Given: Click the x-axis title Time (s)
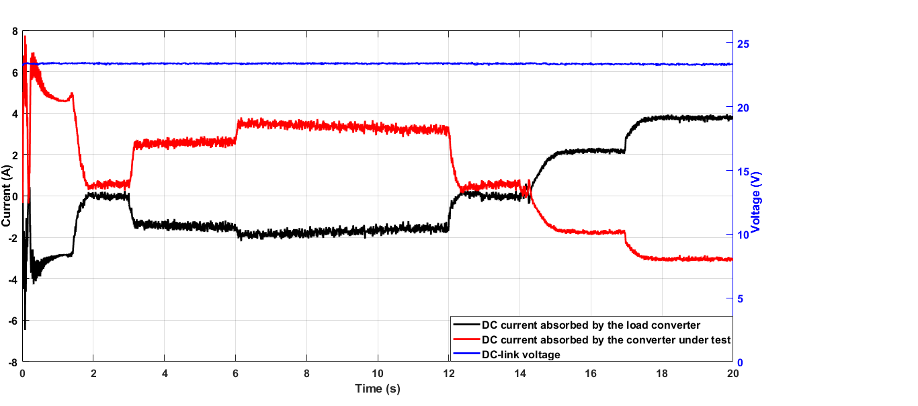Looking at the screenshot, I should [377, 389].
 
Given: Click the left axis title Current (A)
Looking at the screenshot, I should [6, 196].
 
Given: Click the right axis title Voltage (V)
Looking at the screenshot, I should [756, 202].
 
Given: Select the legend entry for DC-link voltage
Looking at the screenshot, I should [521, 354].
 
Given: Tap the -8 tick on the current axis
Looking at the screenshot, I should [13, 362].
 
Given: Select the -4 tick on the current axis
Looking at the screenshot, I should [13, 280].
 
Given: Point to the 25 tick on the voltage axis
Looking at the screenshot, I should [743, 44].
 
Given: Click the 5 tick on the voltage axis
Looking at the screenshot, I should [740, 298].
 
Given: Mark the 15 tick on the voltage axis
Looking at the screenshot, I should [743, 171].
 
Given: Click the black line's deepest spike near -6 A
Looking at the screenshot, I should [25, 328].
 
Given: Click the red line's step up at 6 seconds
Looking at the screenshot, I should [237, 129].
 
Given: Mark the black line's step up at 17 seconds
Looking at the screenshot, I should [626, 144].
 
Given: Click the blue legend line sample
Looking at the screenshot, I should [465, 354].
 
